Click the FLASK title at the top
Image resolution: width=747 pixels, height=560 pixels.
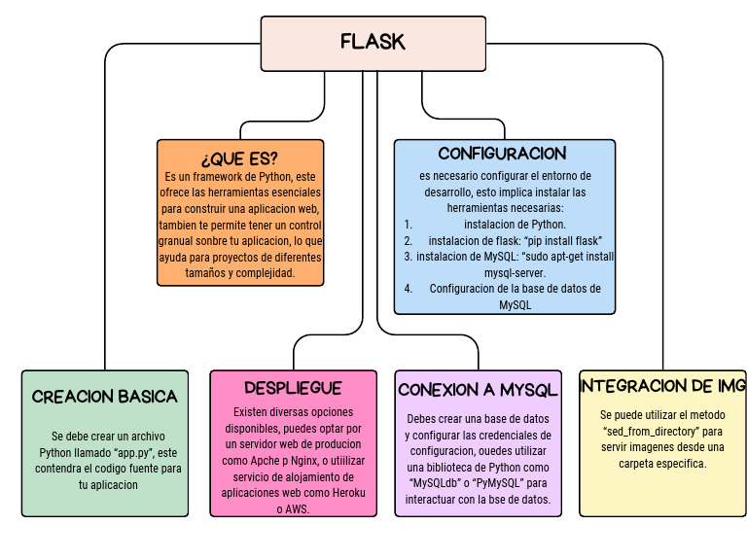tap(373, 42)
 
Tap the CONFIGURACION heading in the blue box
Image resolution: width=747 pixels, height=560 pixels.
tap(502, 154)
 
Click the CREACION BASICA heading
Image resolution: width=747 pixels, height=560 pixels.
tap(104, 396)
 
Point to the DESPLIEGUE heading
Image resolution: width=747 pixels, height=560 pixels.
tap(293, 386)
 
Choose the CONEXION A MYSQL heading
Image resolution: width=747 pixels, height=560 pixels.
tap(478, 390)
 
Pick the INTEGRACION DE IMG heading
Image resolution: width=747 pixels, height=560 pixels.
tap(661, 386)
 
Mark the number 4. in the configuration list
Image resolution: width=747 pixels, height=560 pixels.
tap(409, 289)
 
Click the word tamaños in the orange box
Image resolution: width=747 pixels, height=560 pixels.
tap(185, 274)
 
